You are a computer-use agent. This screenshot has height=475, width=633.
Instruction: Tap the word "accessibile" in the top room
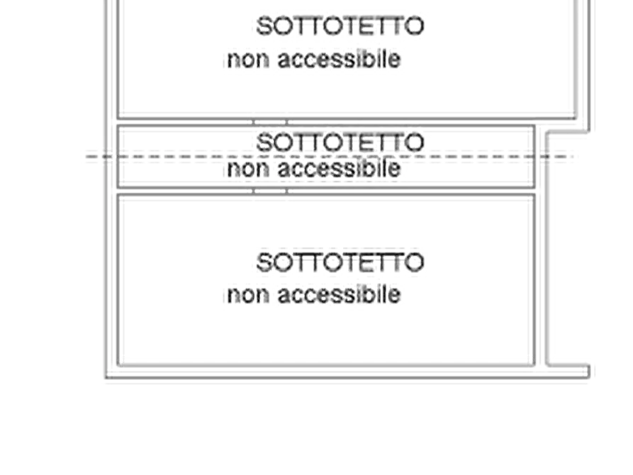tap(338, 60)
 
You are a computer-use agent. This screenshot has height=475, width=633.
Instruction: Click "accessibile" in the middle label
tap(338, 172)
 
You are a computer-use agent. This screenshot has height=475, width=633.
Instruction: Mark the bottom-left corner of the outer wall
tap(110, 372)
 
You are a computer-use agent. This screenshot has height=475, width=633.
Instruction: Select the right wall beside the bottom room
tap(541, 284)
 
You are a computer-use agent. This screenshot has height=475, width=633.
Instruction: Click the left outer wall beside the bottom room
tap(113, 284)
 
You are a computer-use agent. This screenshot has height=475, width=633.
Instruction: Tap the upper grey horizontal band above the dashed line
tap(326, 121)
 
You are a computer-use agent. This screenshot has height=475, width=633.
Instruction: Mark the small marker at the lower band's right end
tap(538, 191)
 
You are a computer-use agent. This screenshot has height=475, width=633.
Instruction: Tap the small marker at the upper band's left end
tap(113, 122)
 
